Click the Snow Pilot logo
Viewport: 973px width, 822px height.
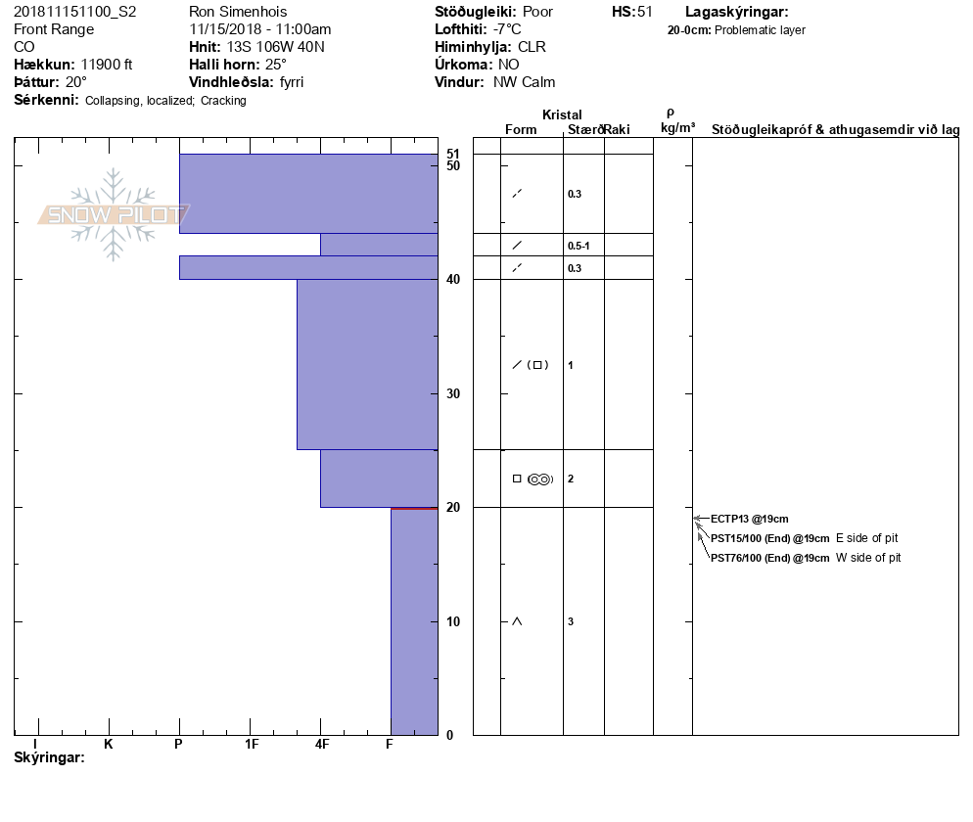pyautogui.click(x=115, y=214)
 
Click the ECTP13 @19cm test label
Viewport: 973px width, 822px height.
pyautogui.click(x=749, y=519)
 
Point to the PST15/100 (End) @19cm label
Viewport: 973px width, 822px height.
pyautogui.click(x=769, y=538)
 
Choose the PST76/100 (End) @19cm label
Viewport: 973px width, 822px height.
pyautogui.click(x=769, y=558)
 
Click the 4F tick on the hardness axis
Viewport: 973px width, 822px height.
pyautogui.click(x=321, y=744)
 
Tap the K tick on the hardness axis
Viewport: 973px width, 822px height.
pyautogui.click(x=109, y=744)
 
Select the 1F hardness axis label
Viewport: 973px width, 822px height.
pyautogui.click(x=251, y=744)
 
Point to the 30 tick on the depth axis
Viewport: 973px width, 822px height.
pyautogui.click(x=453, y=393)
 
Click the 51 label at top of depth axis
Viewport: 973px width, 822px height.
pyautogui.click(x=453, y=154)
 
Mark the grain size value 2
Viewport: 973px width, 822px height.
pyautogui.click(x=570, y=479)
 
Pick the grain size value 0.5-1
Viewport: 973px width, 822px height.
pyautogui.click(x=578, y=245)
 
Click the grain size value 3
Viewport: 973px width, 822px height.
pyautogui.click(x=570, y=621)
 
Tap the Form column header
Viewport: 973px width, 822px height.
pyautogui.click(x=521, y=129)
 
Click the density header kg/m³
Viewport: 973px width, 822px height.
pyautogui.click(x=677, y=128)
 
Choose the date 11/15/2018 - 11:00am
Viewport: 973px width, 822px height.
pyautogui.click(x=259, y=29)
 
